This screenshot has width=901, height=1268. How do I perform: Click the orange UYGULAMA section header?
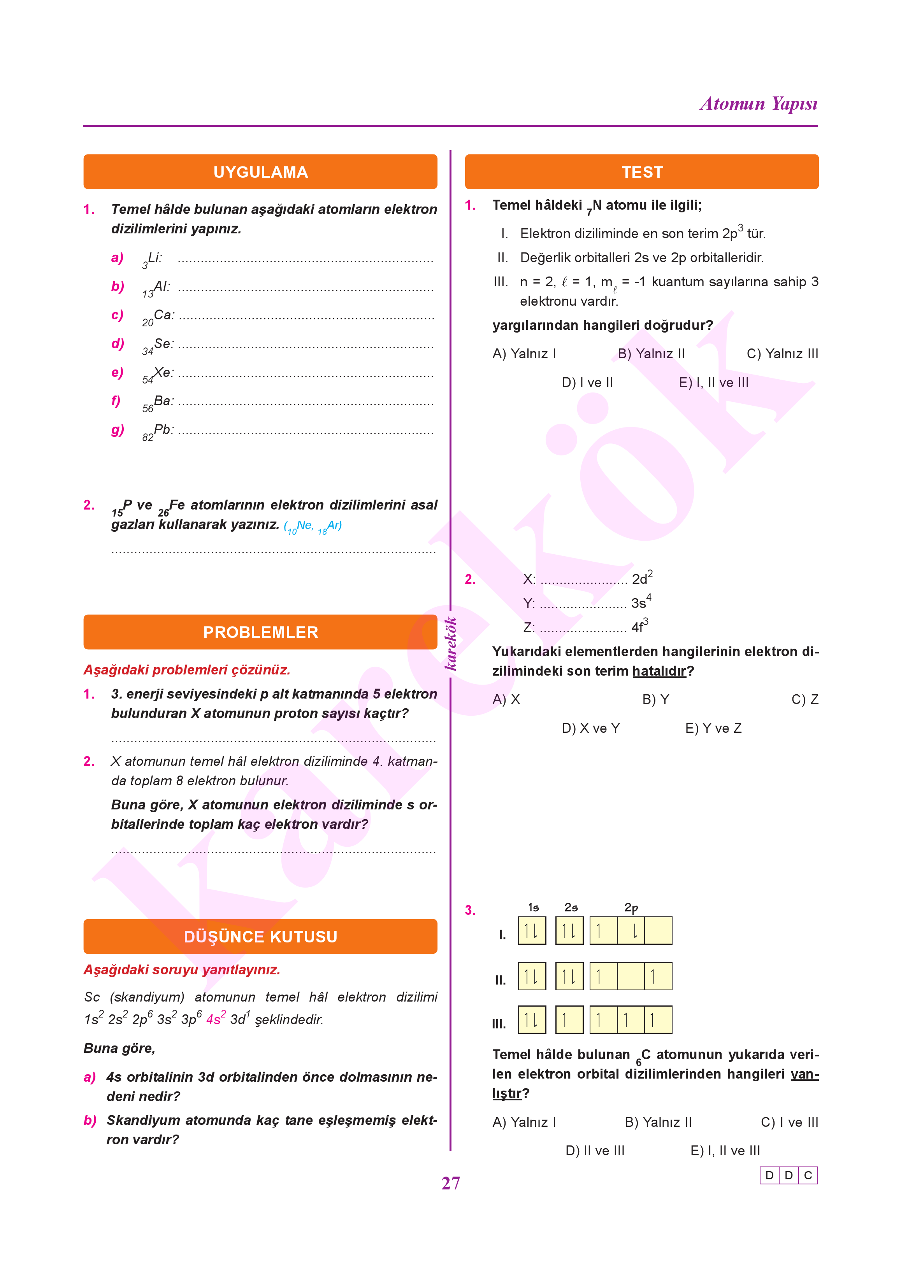[260, 172]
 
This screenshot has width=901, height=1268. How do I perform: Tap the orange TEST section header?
[641, 172]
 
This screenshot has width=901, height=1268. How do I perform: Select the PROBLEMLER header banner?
[260, 632]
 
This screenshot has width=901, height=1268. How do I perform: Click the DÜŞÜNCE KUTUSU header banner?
[260, 937]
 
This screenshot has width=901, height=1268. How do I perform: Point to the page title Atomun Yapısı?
[759, 104]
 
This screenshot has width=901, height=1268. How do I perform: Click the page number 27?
[451, 1183]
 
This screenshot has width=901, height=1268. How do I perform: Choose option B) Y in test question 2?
[655, 700]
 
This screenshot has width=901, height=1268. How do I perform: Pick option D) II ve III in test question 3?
[595, 1151]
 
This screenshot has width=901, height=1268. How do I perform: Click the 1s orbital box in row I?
[532, 931]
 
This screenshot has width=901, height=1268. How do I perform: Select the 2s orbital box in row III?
[569, 1019]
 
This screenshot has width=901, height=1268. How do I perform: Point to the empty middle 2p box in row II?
[631, 976]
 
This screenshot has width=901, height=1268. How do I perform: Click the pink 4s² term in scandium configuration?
[216, 1019]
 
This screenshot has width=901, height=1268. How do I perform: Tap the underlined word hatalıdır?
[659, 671]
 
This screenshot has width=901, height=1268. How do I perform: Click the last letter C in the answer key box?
[808, 1175]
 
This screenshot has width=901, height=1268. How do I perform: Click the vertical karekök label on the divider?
[451, 643]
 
